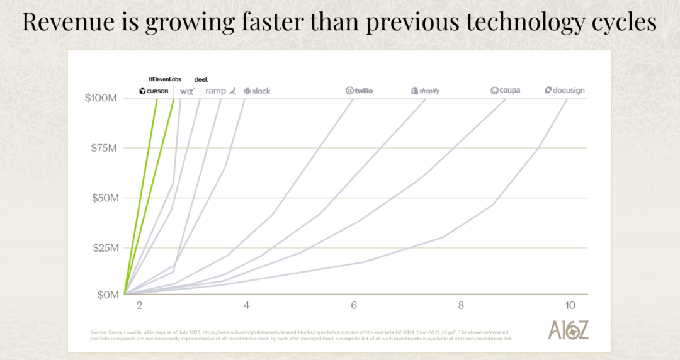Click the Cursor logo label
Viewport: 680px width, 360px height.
tap(154, 91)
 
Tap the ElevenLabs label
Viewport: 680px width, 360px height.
tap(165, 79)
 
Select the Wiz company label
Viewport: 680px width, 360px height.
tap(187, 91)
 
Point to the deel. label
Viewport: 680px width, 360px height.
tap(201, 79)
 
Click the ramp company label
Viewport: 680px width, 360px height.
tap(220, 91)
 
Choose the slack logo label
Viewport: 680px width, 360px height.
tap(257, 91)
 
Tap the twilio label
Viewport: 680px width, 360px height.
tap(359, 91)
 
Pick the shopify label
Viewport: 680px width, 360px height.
tap(425, 91)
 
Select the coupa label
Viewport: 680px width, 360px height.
tap(505, 91)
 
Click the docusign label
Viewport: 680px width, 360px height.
tap(565, 91)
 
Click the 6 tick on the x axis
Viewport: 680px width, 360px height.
tap(354, 305)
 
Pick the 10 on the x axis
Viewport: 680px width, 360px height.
tap(570, 305)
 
